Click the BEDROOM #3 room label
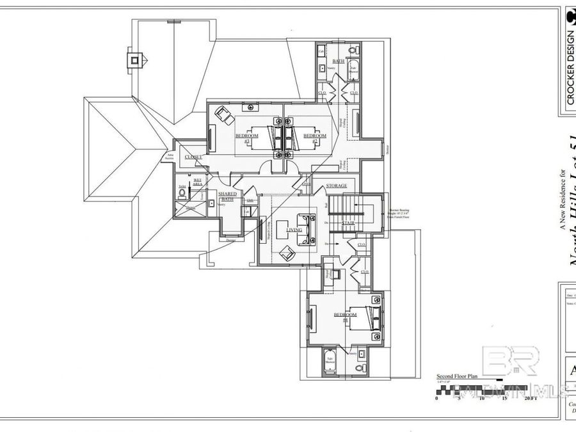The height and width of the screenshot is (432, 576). coord(246,137)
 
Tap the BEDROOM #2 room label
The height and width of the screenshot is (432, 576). coord(314,137)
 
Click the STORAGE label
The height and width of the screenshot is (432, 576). coord(336,186)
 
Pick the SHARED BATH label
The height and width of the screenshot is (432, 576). coord(227,196)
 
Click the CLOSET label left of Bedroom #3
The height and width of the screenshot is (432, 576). coord(193,157)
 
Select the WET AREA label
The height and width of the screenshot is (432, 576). coord(198,182)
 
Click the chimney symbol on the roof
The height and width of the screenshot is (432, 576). coord(135,61)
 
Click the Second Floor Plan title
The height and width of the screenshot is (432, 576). coord(457,377)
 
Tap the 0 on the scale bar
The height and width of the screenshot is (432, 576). coord(436,398)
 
